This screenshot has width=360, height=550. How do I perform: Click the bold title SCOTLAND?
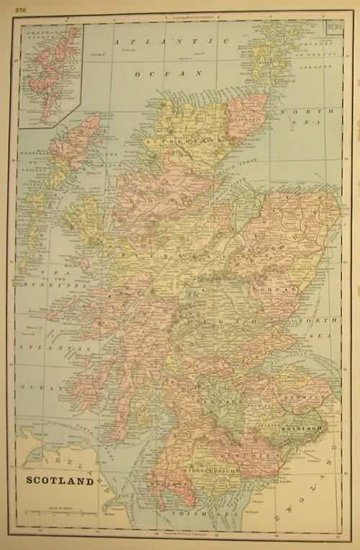click(60, 481)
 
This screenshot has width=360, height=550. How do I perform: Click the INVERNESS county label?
click(144, 254)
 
